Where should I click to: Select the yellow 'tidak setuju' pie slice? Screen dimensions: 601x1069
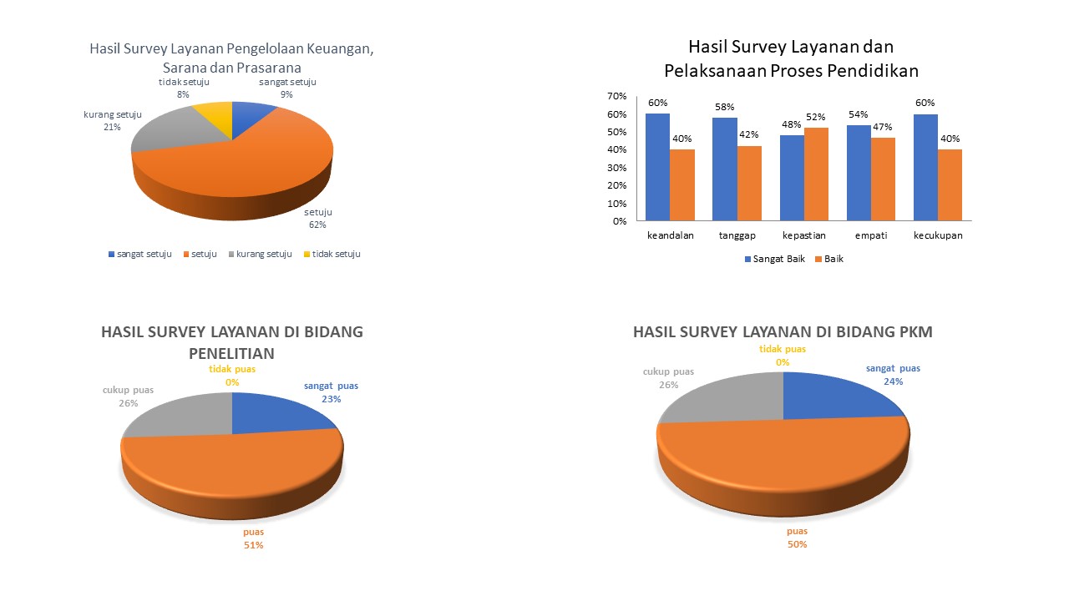215,113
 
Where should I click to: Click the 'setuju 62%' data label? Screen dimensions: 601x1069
317,219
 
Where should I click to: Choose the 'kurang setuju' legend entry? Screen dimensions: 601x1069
260,254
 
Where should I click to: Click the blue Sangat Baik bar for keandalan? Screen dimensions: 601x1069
657,167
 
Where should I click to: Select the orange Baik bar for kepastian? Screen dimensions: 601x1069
816,174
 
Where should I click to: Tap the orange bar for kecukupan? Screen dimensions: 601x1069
950,185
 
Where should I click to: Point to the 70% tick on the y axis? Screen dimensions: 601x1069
617,96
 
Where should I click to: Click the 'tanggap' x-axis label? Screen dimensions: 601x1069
737,235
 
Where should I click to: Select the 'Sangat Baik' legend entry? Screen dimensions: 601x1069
775,259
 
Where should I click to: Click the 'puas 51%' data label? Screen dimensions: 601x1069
253,538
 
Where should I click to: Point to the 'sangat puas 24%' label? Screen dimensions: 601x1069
893,374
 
